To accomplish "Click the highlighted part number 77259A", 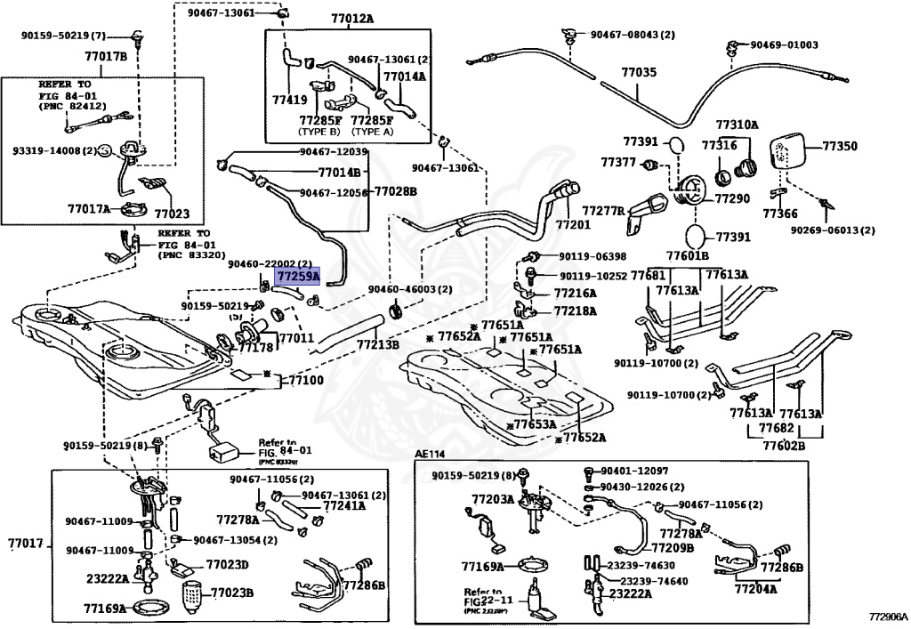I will pos(297,277).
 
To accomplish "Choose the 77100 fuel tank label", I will pos(303,380).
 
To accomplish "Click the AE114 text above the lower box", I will pos(430,454).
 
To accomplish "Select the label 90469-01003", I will pos(784,44).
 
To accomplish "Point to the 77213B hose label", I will pos(378,344).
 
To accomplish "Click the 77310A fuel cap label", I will pos(738,125).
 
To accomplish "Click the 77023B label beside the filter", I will pos(232,593).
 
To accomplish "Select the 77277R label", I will pos(603,211).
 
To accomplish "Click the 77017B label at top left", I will pos(106,56).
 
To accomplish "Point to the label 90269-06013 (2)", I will pos(833,230).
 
